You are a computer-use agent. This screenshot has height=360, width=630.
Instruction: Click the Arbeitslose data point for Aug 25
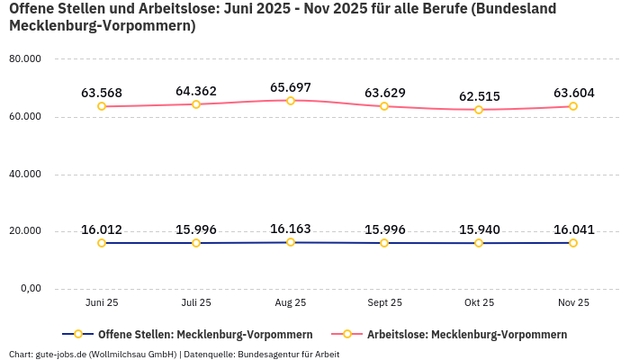290,101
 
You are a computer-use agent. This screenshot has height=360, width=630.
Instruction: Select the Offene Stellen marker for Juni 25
102,243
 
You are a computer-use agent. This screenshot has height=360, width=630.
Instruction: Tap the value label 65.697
290,87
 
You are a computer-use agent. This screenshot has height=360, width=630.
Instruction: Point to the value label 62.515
479,96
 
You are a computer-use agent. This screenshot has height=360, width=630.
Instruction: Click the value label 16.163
290,229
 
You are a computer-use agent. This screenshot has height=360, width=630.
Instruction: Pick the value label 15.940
479,229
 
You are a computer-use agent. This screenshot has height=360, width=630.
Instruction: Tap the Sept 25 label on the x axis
384,303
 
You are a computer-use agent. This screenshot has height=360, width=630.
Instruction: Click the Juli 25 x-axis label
196,303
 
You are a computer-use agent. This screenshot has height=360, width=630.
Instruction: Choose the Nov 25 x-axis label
572,303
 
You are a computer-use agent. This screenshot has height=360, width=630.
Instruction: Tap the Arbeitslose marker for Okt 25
479,110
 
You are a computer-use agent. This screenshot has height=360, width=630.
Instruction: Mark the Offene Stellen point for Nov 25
572,243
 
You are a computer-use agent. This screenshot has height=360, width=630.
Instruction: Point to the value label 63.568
102,93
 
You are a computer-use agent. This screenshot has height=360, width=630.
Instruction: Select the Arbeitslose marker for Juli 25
196,104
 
